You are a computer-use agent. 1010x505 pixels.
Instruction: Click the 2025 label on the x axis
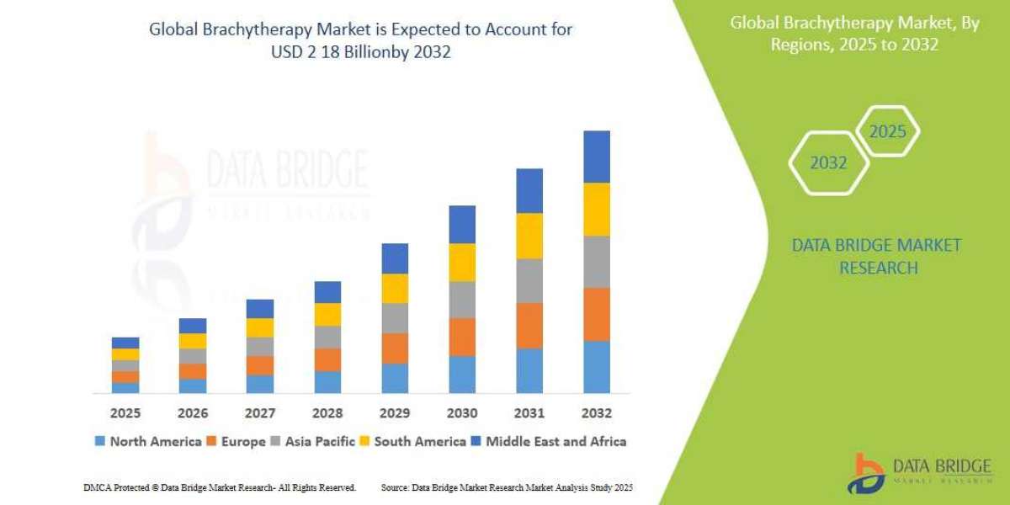tap(125, 413)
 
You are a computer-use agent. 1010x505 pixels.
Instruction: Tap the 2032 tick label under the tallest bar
tap(596, 413)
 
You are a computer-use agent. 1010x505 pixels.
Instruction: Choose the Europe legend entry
tap(237, 441)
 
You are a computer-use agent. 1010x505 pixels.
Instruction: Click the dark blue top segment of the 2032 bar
tap(596, 157)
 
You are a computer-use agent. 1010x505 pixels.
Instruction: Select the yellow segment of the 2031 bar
tap(529, 236)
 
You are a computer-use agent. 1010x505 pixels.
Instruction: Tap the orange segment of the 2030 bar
tap(462, 337)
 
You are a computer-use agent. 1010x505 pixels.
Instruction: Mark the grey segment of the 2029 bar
tap(395, 318)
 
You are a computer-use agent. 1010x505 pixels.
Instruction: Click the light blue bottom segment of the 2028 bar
tap(327, 382)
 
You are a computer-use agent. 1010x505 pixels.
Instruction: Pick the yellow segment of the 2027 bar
tap(260, 327)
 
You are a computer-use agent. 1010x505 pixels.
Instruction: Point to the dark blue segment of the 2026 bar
tap(193, 326)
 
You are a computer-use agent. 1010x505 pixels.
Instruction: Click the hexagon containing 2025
tap(888, 132)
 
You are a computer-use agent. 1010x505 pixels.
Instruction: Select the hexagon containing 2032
tap(828, 162)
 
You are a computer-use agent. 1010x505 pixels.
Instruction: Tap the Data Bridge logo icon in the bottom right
tap(864, 473)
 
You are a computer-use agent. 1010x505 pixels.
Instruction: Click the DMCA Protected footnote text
tap(220, 487)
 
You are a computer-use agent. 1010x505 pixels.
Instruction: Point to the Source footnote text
tap(507, 487)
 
